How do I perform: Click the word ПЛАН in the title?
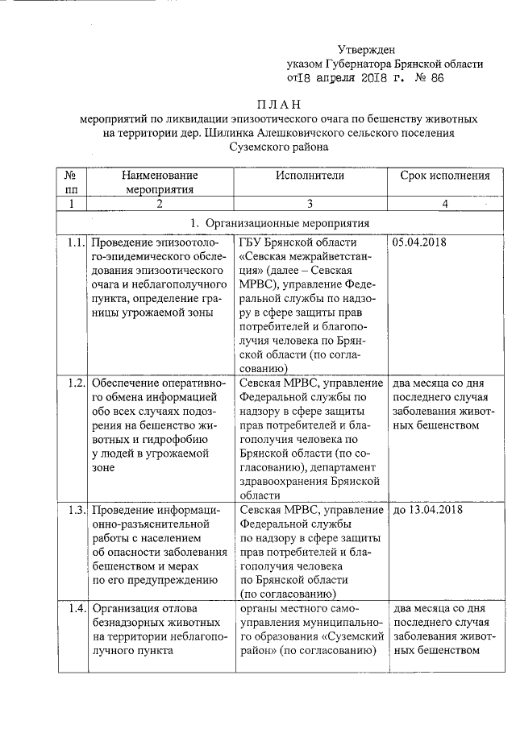pos(277,103)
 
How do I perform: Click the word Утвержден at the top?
pos(372,48)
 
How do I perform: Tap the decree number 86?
pos(437,79)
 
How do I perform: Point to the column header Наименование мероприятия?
pos(160,182)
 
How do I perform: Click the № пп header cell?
pos(70,182)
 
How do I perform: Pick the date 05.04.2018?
pos(418,242)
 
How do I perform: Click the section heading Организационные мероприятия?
pos(288,222)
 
